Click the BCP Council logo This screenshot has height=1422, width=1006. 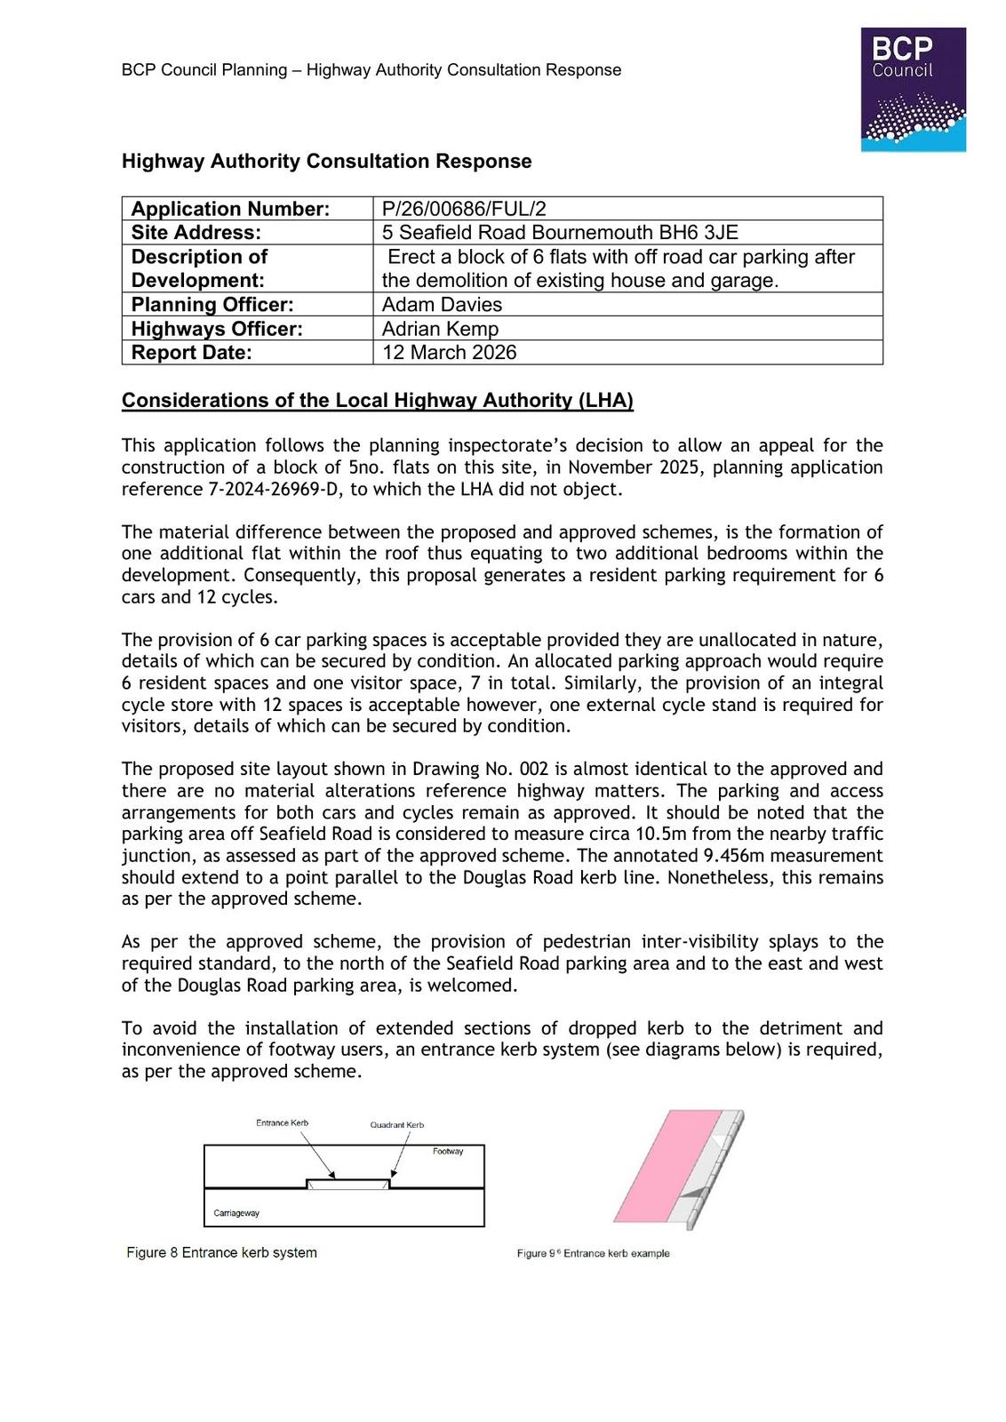(x=913, y=89)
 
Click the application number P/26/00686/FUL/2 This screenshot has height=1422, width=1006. (x=463, y=209)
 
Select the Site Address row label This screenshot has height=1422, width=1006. (x=196, y=233)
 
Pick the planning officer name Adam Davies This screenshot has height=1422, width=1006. (x=442, y=305)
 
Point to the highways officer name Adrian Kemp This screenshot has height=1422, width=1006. (x=440, y=329)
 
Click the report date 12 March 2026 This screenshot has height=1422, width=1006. (x=449, y=353)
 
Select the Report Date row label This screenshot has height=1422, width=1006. (x=191, y=353)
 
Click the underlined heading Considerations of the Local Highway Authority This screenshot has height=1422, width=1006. (x=377, y=401)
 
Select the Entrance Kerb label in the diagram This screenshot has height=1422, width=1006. (x=282, y=1123)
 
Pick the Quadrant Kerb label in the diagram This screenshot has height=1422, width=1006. (x=396, y=1125)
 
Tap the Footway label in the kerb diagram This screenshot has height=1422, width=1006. (x=448, y=1152)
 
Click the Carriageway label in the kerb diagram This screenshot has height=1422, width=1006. (x=236, y=1213)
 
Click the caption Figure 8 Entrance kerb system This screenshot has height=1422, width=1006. (x=221, y=1253)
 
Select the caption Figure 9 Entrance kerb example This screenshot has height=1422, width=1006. (x=593, y=1254)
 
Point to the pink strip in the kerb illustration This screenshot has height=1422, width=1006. (x=667, y=1165)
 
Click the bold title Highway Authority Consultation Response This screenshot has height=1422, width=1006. (x=326, y=162)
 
